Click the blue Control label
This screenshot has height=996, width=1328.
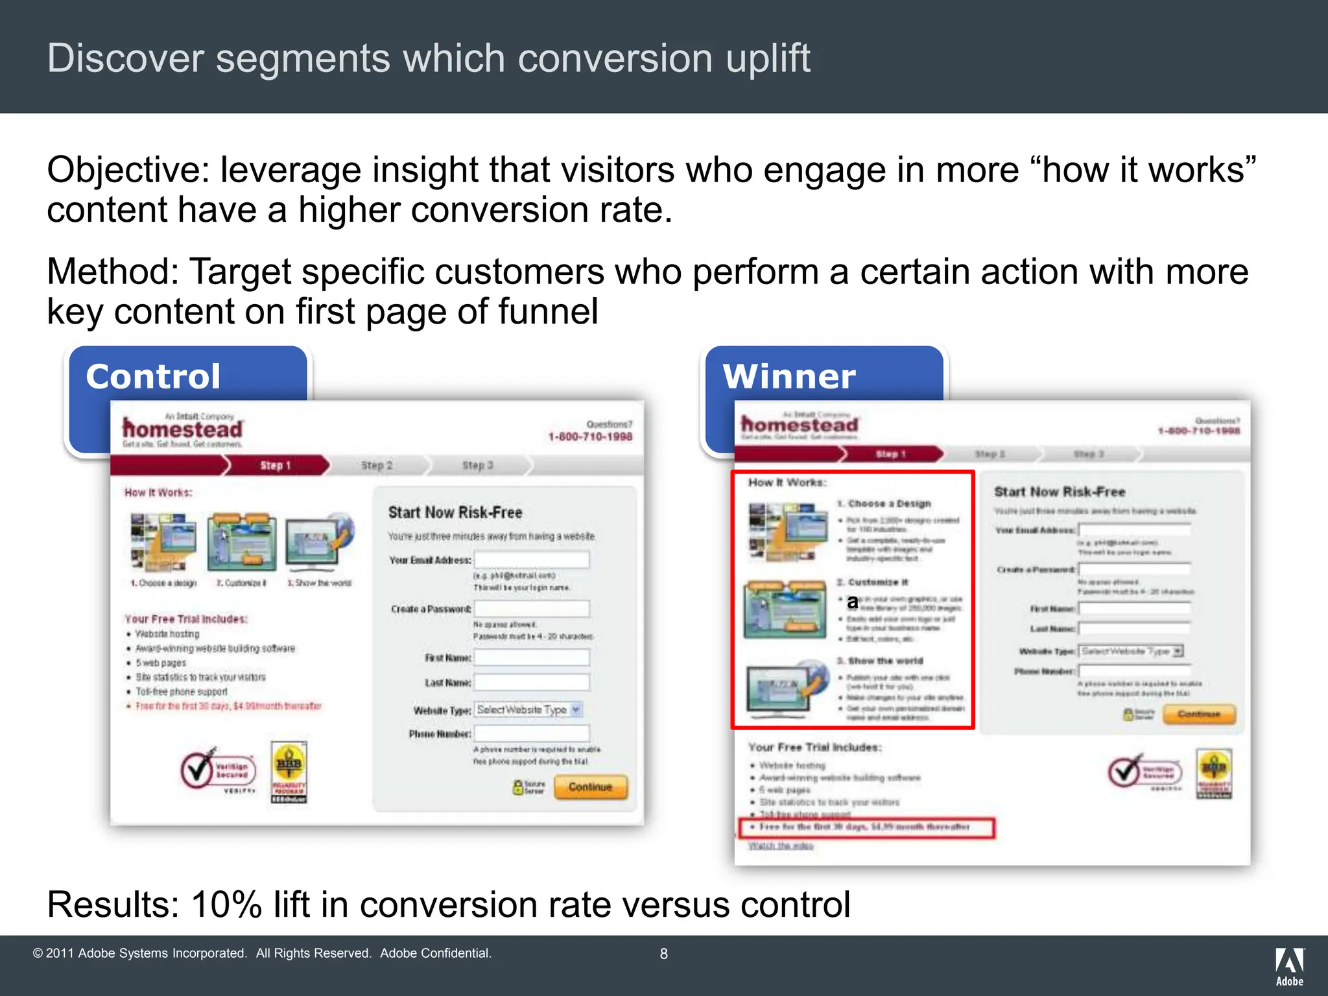click(154, 377)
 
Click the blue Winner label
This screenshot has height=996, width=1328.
click(789, 377)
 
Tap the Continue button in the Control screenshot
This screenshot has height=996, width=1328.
click(590, 787)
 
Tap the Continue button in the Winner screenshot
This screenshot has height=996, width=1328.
click(1199, 715)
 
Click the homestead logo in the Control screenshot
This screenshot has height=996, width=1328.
click(183, 429)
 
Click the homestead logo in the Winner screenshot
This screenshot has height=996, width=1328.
click(800, 425)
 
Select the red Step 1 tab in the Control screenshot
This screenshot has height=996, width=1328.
click(276, 466)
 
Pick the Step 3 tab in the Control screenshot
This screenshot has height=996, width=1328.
click(478, 466)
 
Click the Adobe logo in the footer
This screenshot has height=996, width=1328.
click(1290, 966)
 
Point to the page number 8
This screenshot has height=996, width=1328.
click(663, 954)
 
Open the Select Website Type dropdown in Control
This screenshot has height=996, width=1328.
click(528, 710)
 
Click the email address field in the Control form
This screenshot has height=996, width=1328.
click(532, 560)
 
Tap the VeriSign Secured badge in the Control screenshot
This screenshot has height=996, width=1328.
click(218, 771)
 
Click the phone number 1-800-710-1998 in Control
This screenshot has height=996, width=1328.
click(590, 437)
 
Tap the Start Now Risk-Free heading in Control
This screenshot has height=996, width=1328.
click(455, 513)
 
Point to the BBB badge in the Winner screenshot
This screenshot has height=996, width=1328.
click(1214, 773)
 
